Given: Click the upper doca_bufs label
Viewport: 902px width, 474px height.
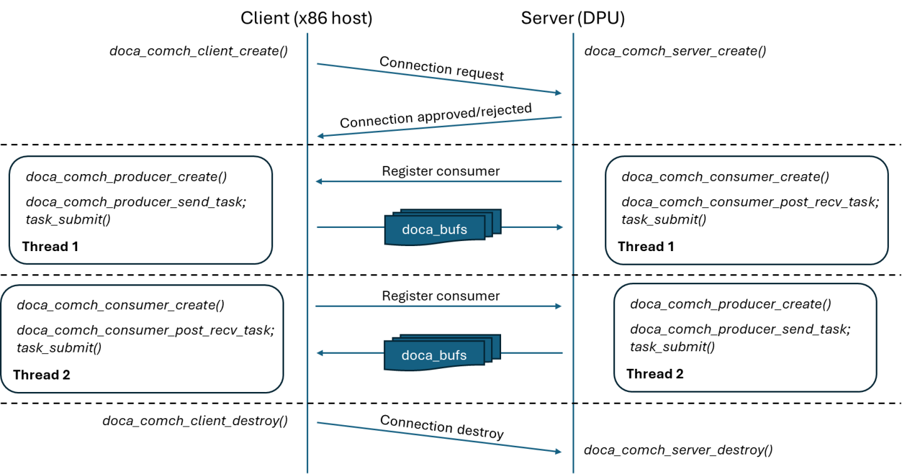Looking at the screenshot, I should coord(435,230).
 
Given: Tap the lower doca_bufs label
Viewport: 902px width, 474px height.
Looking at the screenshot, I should coord(434,356).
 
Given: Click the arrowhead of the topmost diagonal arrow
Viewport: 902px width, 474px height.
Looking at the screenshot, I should coord(559,93).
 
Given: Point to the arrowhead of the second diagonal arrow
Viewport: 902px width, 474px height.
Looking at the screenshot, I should coord(320,136).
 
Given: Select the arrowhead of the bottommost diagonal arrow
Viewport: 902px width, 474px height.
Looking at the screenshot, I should coord(559,451).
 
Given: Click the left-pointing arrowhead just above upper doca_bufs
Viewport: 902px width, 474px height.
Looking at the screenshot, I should coord(318,182).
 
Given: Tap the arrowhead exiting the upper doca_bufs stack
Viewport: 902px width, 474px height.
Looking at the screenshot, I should coord(560,227).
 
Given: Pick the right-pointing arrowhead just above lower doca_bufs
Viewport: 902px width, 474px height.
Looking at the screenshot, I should coord(559,306).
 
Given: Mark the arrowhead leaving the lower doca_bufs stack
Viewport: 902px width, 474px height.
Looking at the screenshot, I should coord(319,353).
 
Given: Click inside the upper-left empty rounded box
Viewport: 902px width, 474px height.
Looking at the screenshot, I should coord(140,210).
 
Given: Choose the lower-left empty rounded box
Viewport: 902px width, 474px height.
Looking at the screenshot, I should coord(142,339).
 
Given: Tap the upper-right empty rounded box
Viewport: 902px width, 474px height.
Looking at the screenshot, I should coord(747,210).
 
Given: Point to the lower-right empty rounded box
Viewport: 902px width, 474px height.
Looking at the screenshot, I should coord(745,337).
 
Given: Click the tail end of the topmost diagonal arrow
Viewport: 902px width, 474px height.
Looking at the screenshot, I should coord(318,64).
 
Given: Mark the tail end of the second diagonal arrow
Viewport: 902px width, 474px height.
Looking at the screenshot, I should coord(561,117).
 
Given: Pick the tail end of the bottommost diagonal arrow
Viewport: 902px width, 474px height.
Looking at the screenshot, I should coord(318,423).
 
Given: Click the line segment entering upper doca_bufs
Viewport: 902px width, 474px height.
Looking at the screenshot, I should coord(351,227).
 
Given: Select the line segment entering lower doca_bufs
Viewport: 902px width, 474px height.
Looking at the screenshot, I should coord(532,353).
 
